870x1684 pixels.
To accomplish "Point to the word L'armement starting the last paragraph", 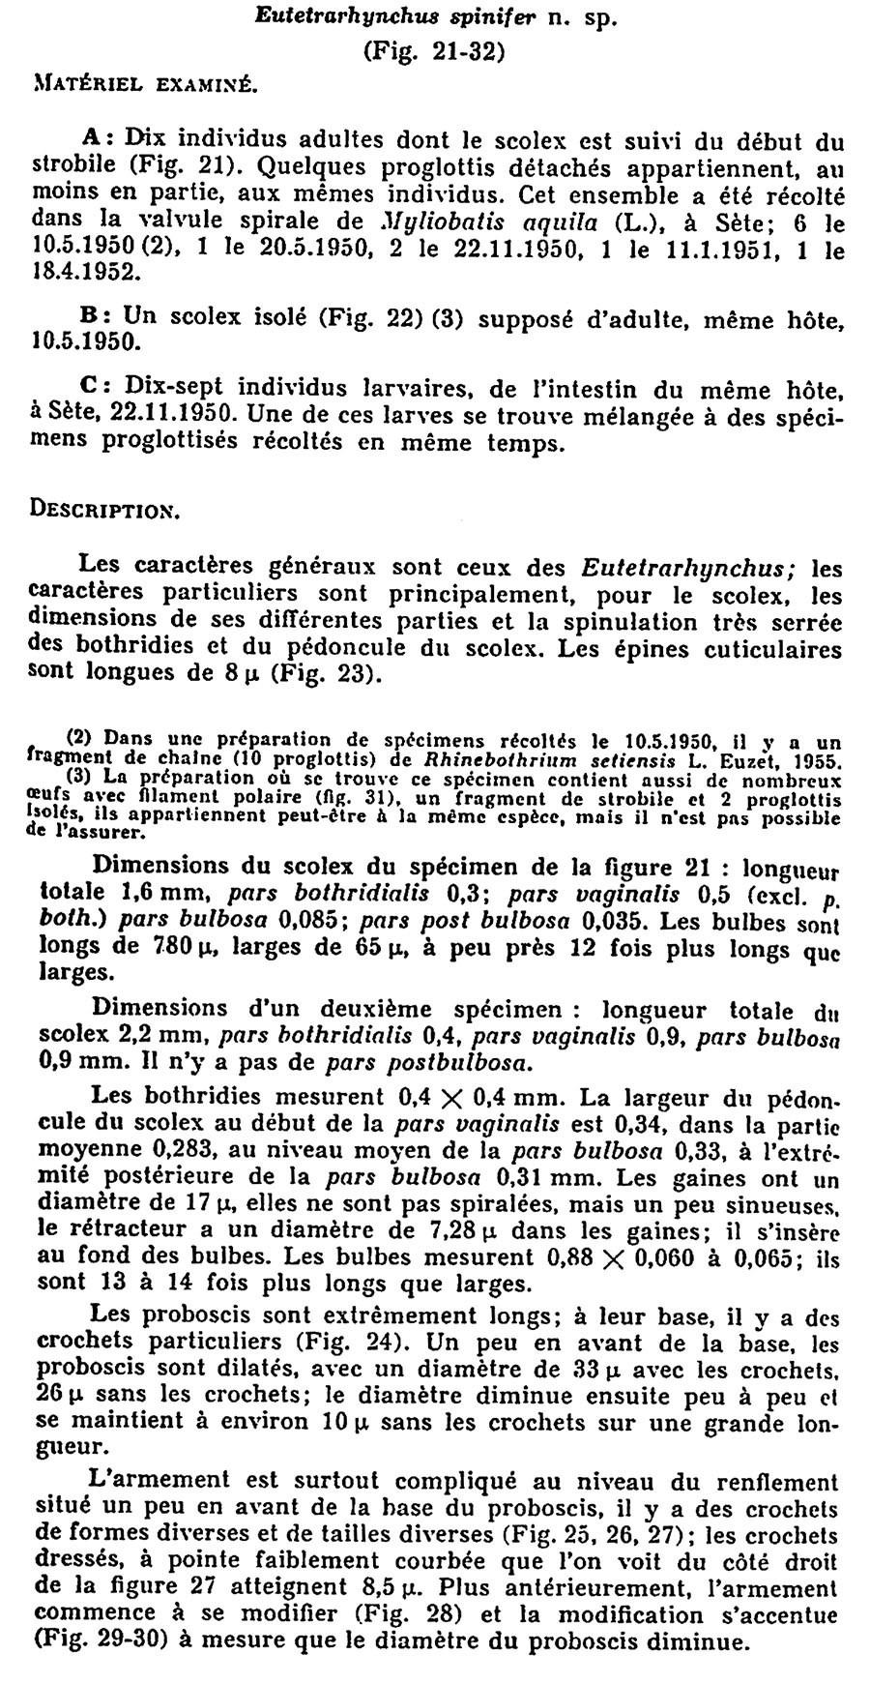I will click(x=145, y=1480).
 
